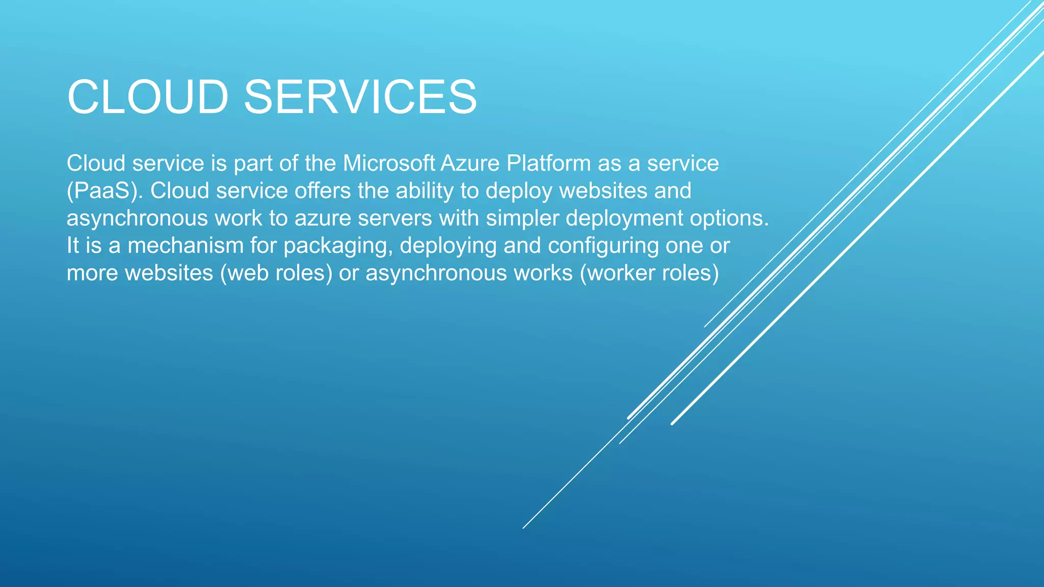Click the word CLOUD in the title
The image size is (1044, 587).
coord(148,97)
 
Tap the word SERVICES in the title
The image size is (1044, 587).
coord(360,97)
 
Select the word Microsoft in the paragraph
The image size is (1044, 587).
coord(389,164)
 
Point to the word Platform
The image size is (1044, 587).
coord(549,164)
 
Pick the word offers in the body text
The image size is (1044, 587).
coord(323,191)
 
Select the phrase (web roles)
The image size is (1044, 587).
coord(276,273)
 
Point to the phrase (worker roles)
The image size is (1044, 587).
coord(649,273)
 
